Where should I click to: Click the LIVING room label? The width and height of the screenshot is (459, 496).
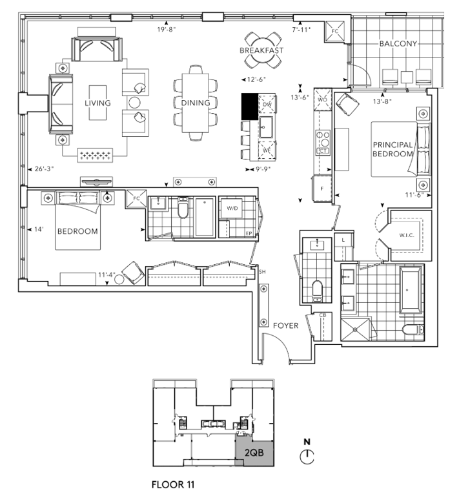pos(97,103)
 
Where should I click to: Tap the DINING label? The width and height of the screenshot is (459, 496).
pos(195,103)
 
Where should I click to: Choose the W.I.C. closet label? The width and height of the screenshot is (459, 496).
pos(406,234)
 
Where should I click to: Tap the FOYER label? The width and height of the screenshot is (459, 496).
pos(284,325)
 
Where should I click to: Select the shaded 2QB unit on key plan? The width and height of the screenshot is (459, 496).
pos(256,453)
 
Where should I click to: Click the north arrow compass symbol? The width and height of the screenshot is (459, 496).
pos(308,457)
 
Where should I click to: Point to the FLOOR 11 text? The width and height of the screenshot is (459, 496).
pos(172,483)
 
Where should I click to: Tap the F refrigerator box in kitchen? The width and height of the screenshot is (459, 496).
pos(321,189)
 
